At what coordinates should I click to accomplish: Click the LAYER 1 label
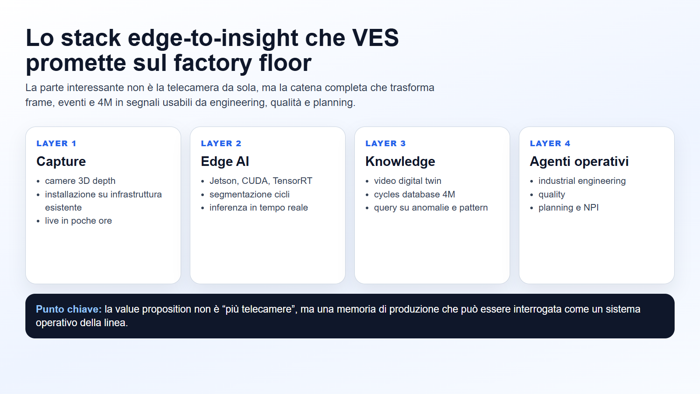tap(56, 144)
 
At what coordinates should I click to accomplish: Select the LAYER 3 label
tap(385, 144)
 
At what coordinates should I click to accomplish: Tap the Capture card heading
tap(61, 162)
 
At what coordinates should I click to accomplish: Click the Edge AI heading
tap(224, 162)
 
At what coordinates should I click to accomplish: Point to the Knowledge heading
tap(400, 162)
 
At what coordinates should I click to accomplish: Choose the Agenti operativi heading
tap(579, 162)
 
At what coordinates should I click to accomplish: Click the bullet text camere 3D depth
tap(80, 181)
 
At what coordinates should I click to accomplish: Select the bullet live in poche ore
tap(78, 221)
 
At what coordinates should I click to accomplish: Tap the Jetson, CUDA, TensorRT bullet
tap(261, 181)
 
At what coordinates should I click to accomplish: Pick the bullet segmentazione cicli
tap(249, 194)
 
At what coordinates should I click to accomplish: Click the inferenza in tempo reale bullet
tap(259, 208)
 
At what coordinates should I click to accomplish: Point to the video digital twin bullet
tap(407, 181)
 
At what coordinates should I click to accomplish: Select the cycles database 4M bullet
tap(414, 194)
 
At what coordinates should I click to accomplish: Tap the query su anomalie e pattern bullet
tap(430, 208)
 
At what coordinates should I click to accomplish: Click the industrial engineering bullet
tap(582, 181)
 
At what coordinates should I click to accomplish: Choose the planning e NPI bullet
tap(568, 208)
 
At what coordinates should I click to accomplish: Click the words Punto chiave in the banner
tap(68, 309)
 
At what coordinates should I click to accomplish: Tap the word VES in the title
tap(375, 38)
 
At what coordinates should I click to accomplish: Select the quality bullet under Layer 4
tap(552, 194)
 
